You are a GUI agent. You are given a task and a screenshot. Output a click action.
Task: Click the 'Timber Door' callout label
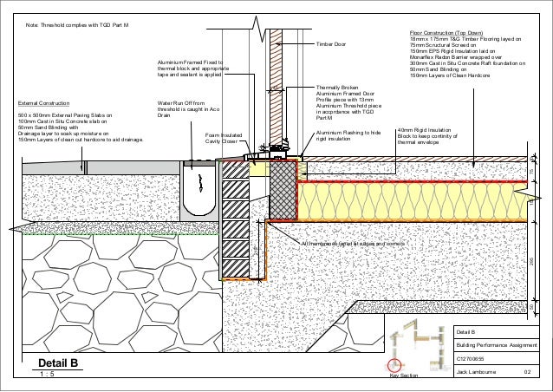331,43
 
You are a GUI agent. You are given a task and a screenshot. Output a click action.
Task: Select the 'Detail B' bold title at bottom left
58,363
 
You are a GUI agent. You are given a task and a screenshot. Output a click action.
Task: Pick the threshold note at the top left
77,27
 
